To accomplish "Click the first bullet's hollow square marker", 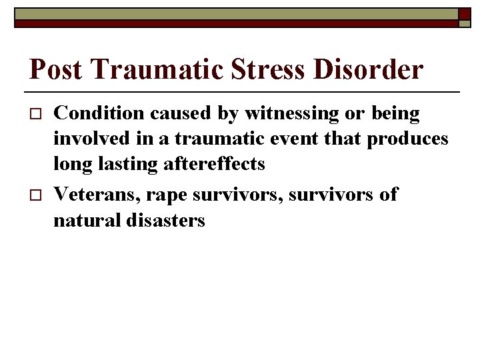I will (x=36, y=114).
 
